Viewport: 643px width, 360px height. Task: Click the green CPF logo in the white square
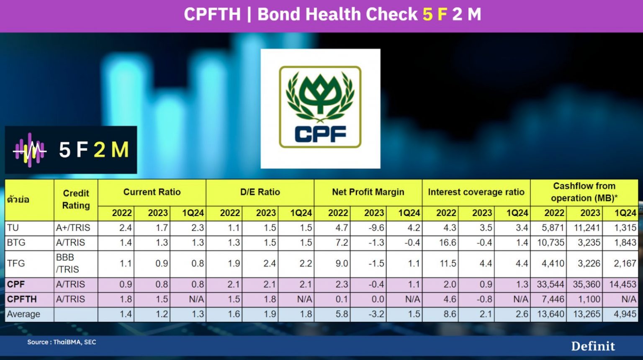coord(320,108)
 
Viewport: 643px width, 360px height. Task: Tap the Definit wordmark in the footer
coord(593,346)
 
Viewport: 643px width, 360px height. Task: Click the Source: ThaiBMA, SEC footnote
coord(62,342)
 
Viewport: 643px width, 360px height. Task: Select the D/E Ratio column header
coord(260,192)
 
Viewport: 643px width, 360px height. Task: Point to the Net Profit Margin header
coord(368,192)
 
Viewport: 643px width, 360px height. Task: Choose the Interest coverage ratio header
coord(476,192)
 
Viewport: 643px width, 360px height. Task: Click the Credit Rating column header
coord(76,199)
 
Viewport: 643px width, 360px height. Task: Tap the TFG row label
coord(16,263)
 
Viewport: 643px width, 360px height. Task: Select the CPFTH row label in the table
coord(22,299)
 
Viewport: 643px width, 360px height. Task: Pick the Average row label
coord(23,314)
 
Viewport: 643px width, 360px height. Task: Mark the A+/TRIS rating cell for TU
coord(73,228)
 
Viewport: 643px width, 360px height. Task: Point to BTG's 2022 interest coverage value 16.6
coord(448,243)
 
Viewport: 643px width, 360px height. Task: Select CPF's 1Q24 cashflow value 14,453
coord(622,284)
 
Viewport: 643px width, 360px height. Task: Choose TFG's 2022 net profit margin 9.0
coord(342,263)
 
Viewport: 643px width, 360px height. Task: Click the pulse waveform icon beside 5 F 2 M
coord(29,150)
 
